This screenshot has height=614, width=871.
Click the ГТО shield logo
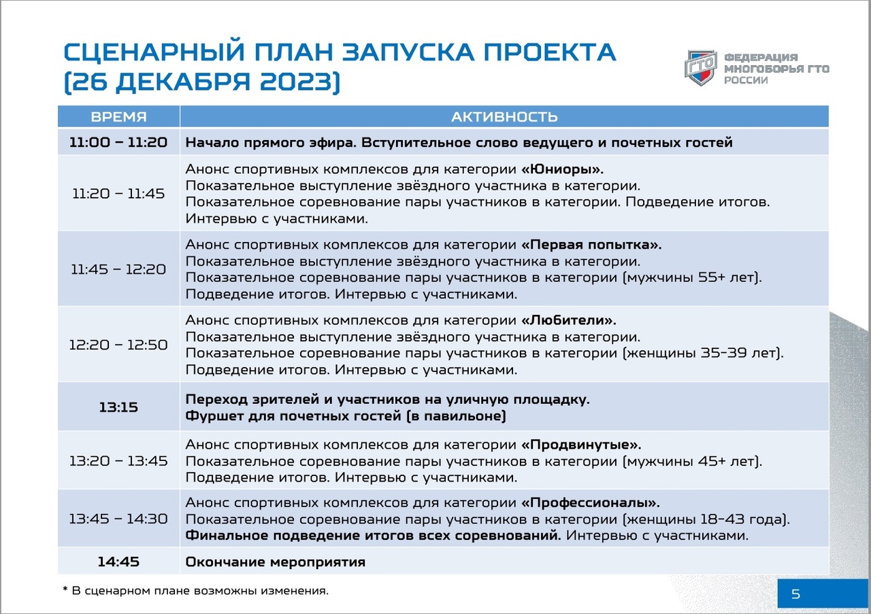[701, 67]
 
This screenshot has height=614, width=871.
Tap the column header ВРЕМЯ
[118, 116]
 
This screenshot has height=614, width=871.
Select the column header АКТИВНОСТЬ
[504, 116]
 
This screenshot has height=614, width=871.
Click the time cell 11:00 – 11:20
[118, 142]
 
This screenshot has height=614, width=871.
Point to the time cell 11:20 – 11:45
[118, 194]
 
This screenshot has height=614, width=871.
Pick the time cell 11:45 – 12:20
[118, 269]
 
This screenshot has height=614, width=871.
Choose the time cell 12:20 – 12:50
[118, 345]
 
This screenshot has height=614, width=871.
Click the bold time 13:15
[118, 407]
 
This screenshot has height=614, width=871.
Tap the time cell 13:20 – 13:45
[118, 461]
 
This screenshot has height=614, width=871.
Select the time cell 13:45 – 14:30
[118, 519]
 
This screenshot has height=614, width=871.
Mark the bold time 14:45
[118, 562]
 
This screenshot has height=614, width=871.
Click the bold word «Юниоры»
[562, 169]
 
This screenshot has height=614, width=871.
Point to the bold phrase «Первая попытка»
[591, 244]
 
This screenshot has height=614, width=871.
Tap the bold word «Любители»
[568, 320]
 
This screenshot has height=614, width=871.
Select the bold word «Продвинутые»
[581, 445]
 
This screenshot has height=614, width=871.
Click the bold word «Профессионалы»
[590, 503]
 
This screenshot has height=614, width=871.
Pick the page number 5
[795, 594]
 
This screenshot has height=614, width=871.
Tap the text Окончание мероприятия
[276, 562]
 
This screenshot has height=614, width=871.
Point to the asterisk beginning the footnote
[65, 590]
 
